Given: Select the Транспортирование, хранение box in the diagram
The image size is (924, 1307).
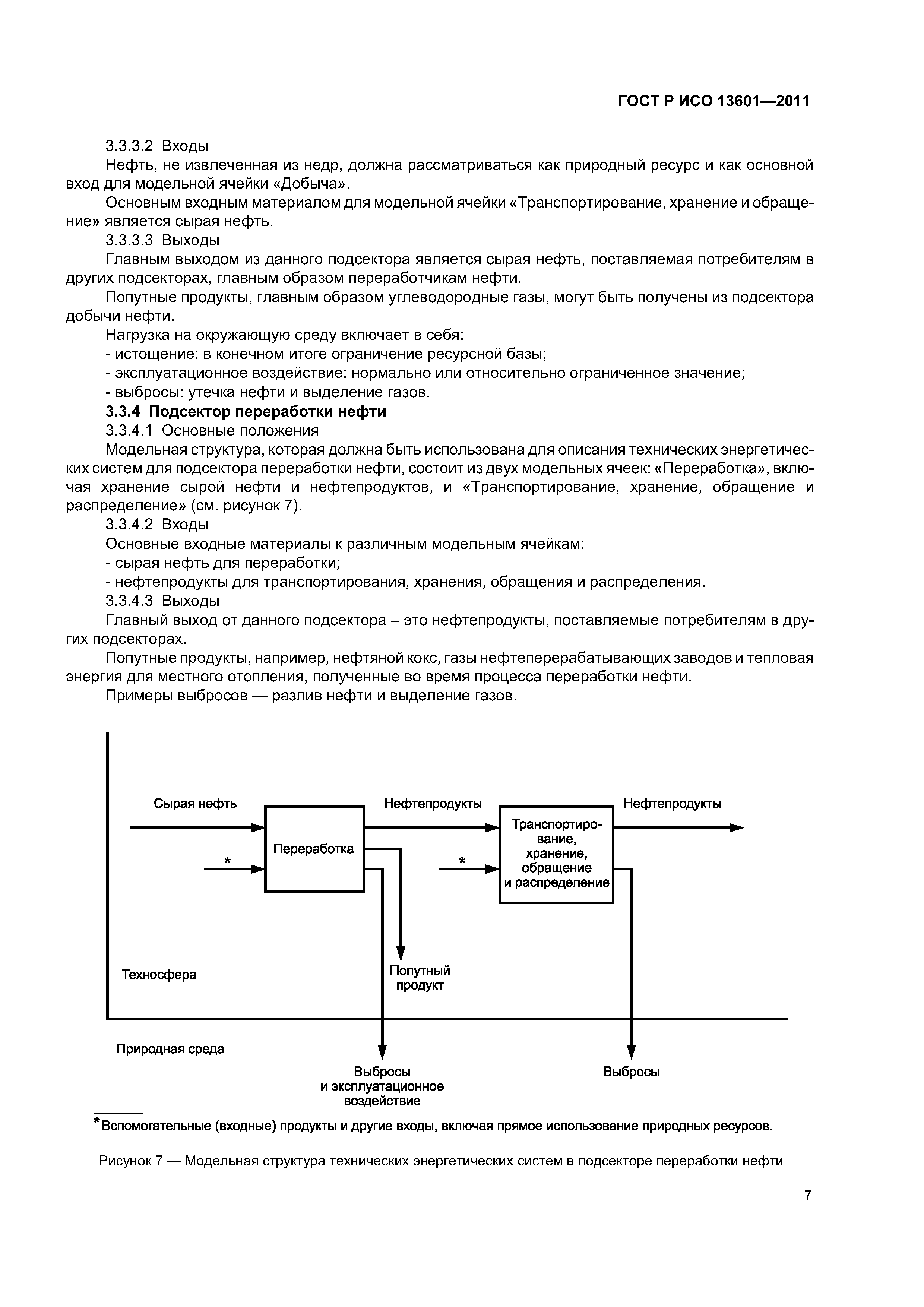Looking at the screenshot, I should tap(556, 854).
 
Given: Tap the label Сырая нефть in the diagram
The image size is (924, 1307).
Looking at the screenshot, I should tap(195, 803).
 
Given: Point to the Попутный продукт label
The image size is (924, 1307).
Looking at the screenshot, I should tap(420, 978).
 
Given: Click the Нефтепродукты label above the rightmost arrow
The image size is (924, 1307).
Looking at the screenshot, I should tap(673, 803).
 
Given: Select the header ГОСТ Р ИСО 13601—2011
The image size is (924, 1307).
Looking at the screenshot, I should tap(713, 101).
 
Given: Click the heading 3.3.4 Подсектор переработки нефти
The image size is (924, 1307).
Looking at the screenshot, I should tap(246, 411).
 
